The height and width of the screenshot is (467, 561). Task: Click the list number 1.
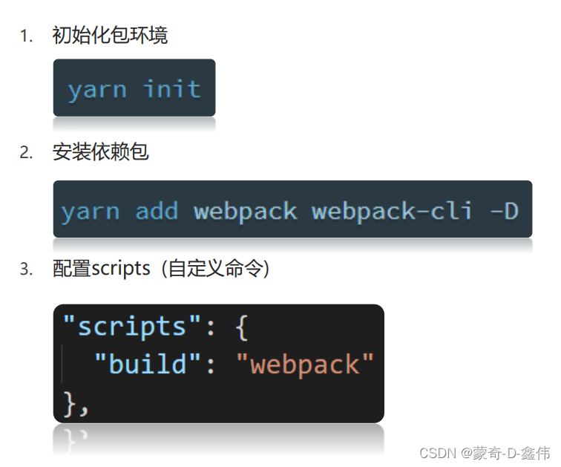point(26,36)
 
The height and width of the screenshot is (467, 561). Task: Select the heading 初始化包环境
point(110,36)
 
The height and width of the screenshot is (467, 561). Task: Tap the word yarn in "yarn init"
point(96,89)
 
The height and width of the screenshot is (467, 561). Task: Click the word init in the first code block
point(172,89)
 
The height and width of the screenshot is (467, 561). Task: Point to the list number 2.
point(26,153)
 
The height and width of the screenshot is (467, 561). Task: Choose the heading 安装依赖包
point(100,152)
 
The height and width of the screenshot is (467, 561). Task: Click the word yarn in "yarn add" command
point(90,212)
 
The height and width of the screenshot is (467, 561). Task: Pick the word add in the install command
point(157,212)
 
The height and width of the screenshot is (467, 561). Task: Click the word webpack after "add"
point(245,212)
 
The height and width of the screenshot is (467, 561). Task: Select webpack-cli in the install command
point(392,212)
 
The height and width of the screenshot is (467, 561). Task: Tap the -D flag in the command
point(504,212)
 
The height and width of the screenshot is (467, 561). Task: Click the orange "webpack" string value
point(305,364)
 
